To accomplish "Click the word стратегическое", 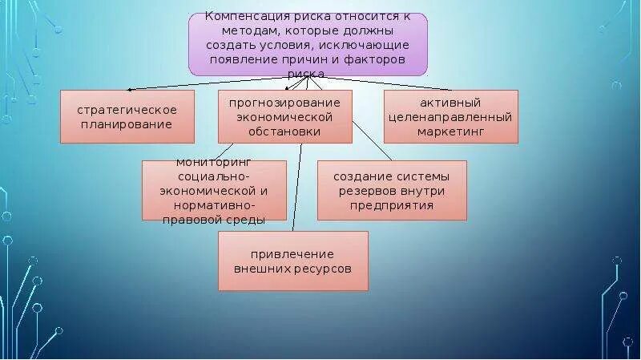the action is click(x=128, y=110).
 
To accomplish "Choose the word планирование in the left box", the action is click(x=128, y=124).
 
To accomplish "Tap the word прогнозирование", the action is click(x=284, y=103).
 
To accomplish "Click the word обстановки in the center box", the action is click(x=284, y=131).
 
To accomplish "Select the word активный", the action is click(x=450, y=103).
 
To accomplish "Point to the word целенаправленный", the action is click(x=450, y=117).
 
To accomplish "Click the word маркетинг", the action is click(x=450, y=131).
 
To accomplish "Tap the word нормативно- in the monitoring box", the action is click(x=214, y=204).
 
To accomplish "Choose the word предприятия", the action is click(x=392, y=205).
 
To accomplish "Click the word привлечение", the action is click(x=292, y=254).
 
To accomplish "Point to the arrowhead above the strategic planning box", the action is click(x=130, y=90).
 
